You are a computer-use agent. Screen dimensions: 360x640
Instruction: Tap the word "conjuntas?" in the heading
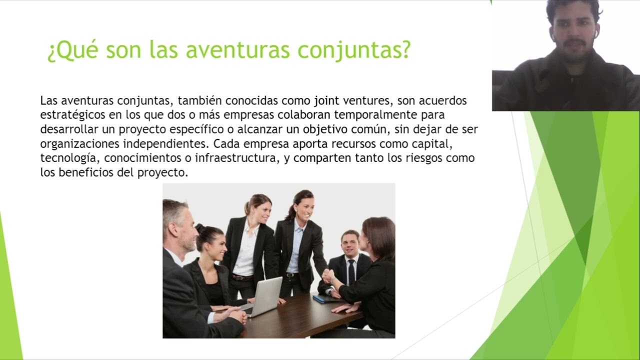pos(354,51)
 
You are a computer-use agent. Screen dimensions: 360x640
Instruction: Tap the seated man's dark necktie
pos(351,272)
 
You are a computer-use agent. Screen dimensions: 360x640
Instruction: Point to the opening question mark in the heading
pos(51,52)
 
